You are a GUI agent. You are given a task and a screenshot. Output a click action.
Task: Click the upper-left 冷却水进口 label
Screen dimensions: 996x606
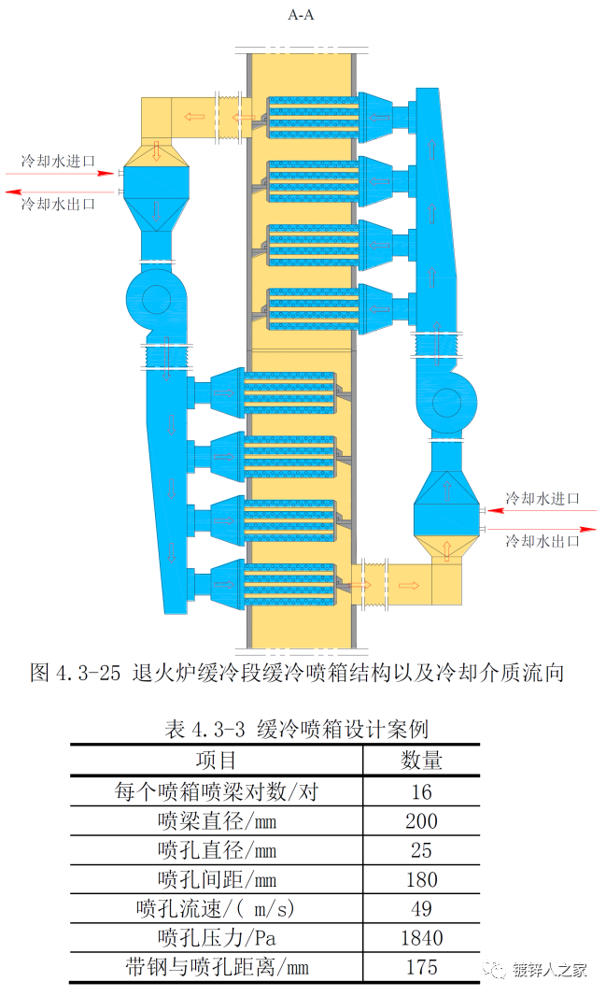pos(59,162)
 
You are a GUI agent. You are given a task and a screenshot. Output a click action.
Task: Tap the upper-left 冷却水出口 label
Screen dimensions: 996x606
pos(59,203)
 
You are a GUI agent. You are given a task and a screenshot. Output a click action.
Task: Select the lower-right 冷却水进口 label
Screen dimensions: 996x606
pos(543,498)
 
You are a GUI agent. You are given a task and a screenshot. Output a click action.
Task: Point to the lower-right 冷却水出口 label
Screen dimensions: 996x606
pos(543,540)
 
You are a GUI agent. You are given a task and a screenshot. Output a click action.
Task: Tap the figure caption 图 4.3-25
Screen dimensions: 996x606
pos(297,673)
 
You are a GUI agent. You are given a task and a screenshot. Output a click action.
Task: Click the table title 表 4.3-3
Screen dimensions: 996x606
pos(296,729)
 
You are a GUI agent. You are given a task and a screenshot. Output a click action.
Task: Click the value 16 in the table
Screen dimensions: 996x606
pos(421,792)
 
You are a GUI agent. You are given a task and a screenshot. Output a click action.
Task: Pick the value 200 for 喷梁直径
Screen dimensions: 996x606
pos(421,821)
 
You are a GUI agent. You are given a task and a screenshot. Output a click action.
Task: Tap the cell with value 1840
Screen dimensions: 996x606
pos(421,937)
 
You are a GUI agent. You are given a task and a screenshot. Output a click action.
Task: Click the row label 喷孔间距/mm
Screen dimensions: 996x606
pos(217,879)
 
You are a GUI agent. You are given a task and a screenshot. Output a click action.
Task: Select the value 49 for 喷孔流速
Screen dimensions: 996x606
pos(421,908)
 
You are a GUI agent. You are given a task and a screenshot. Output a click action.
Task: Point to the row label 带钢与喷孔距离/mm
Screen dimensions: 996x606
pos(217,967)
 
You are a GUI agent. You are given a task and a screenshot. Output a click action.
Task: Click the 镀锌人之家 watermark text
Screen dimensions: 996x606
pos(550,970)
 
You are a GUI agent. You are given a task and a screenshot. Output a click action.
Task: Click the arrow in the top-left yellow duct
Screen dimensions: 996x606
pos(194,117)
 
